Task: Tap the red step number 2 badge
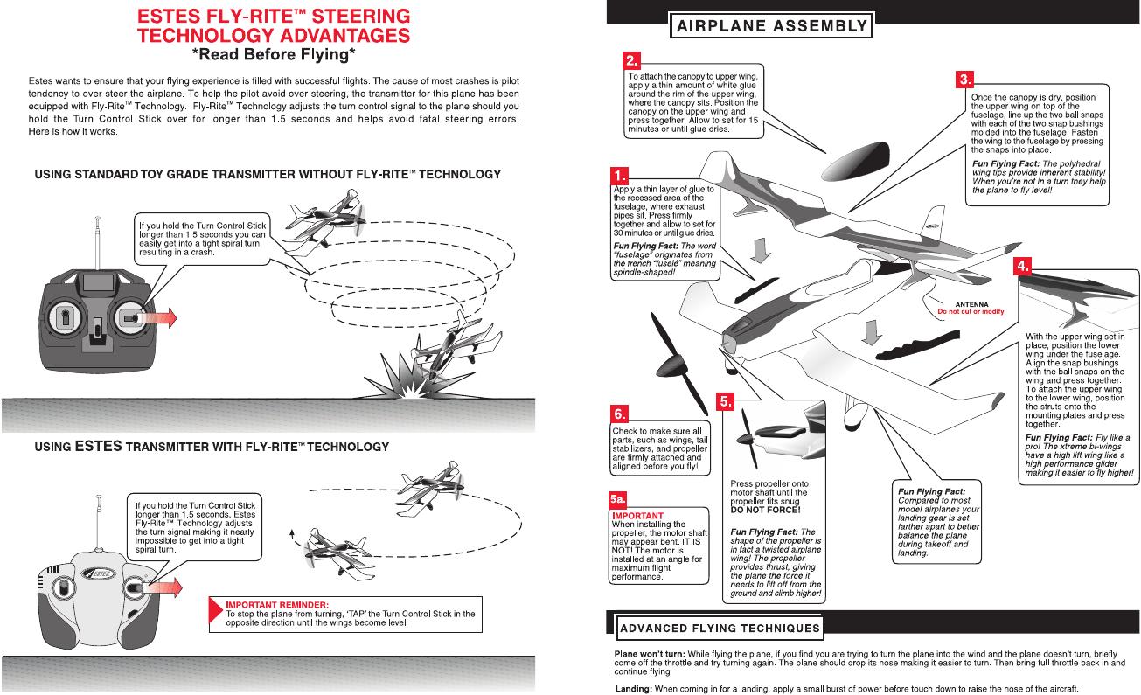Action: point(632,60)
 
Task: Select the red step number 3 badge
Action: point(965,79)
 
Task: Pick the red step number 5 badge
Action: point(726,400)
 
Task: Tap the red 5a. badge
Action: point(619,500)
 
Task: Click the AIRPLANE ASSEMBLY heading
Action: point(769,25)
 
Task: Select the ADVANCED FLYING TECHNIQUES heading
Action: point(720,627)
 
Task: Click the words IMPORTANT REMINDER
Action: point(277,604)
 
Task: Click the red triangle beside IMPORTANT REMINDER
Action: point(216,612)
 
